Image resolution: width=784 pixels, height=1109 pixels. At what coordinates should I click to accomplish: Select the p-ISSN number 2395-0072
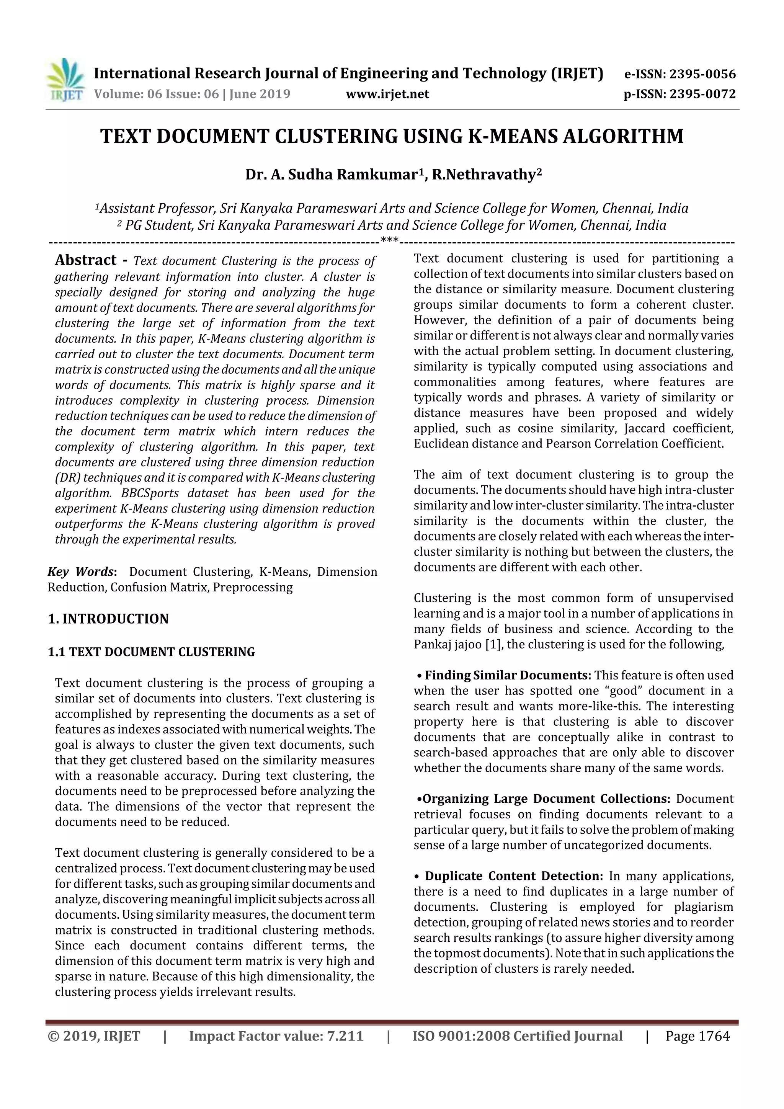coord(702,94)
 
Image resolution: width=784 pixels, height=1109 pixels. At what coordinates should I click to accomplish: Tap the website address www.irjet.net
coord(387,94)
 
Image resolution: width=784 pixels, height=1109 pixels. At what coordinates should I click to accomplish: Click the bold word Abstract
coord(85,260)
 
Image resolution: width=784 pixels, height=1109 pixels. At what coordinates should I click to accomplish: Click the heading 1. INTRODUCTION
coord(108,619)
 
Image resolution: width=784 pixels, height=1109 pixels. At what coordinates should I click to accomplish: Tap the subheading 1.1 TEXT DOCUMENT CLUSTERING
coord(151,652)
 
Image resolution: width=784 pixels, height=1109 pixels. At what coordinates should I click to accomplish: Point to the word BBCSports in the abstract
coord(150,493)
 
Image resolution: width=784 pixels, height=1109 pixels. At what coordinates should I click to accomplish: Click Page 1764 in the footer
coord(697,1036)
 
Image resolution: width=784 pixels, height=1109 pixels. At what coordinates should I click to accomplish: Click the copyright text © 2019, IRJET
coord(94,1036)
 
